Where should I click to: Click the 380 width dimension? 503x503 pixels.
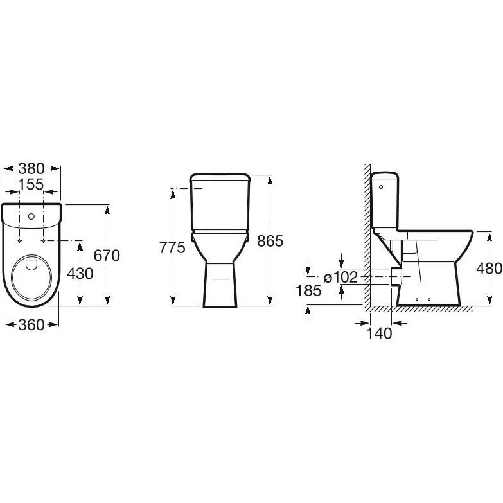click(x=31, y=168)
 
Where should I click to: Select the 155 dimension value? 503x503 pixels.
click(x=31, y=184)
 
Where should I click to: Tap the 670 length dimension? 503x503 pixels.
click(x=107, y=255)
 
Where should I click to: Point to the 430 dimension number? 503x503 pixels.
click(x=80, y=274)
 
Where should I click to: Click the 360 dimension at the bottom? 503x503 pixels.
click(x=31, y=325)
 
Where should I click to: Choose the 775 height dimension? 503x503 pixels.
click(x=173, y=247)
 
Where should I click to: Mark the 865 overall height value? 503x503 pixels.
click(x=270, y=241)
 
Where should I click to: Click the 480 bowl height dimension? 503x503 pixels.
click(x=490, y=268)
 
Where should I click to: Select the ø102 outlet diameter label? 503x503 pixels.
click(x=340, y=277)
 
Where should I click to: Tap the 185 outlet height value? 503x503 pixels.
click(x=308, y=290)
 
